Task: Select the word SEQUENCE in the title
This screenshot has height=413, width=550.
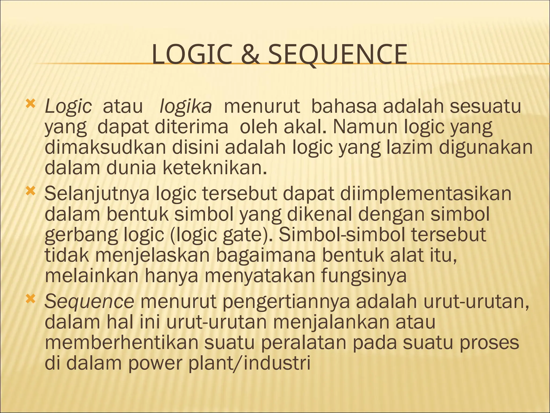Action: (x=338, y=55)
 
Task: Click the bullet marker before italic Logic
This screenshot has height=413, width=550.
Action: (x=30, y=104)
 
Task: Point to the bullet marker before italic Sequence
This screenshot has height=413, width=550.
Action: (x=30, y=299)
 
